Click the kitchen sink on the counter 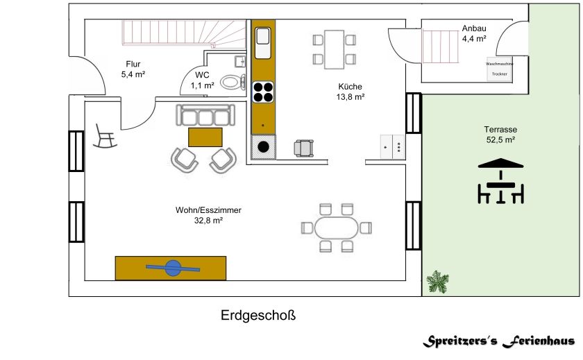coord(263,43)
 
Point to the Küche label coord(350,87)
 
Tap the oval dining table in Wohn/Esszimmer coord(337,227)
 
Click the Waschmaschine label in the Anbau coord(500,63)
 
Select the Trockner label coord(500,74)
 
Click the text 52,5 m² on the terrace coord(500,140)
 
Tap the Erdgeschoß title coord(258,316)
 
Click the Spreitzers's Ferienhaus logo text coord(499,341)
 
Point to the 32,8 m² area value coord(208,220)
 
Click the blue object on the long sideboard coord(171,267)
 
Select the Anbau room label coord(473,28)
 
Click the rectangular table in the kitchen coord(334,49)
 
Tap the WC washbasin coord(240,60)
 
